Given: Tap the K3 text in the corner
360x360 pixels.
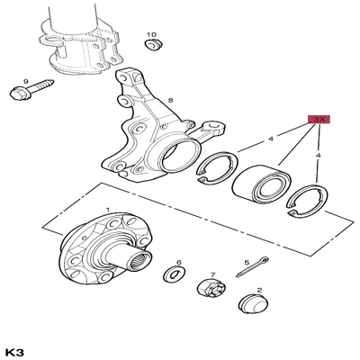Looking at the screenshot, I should point(17,350).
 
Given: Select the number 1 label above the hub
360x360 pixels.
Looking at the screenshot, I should point(107,210).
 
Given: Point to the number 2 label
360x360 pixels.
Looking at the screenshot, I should point(259,291).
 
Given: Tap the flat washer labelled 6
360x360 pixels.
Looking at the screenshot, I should point(173,274).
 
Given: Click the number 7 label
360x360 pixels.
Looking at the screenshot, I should point(212,275).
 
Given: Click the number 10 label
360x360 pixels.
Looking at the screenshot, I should point(151,34).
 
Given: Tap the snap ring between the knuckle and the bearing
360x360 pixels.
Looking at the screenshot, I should point(214,168).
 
